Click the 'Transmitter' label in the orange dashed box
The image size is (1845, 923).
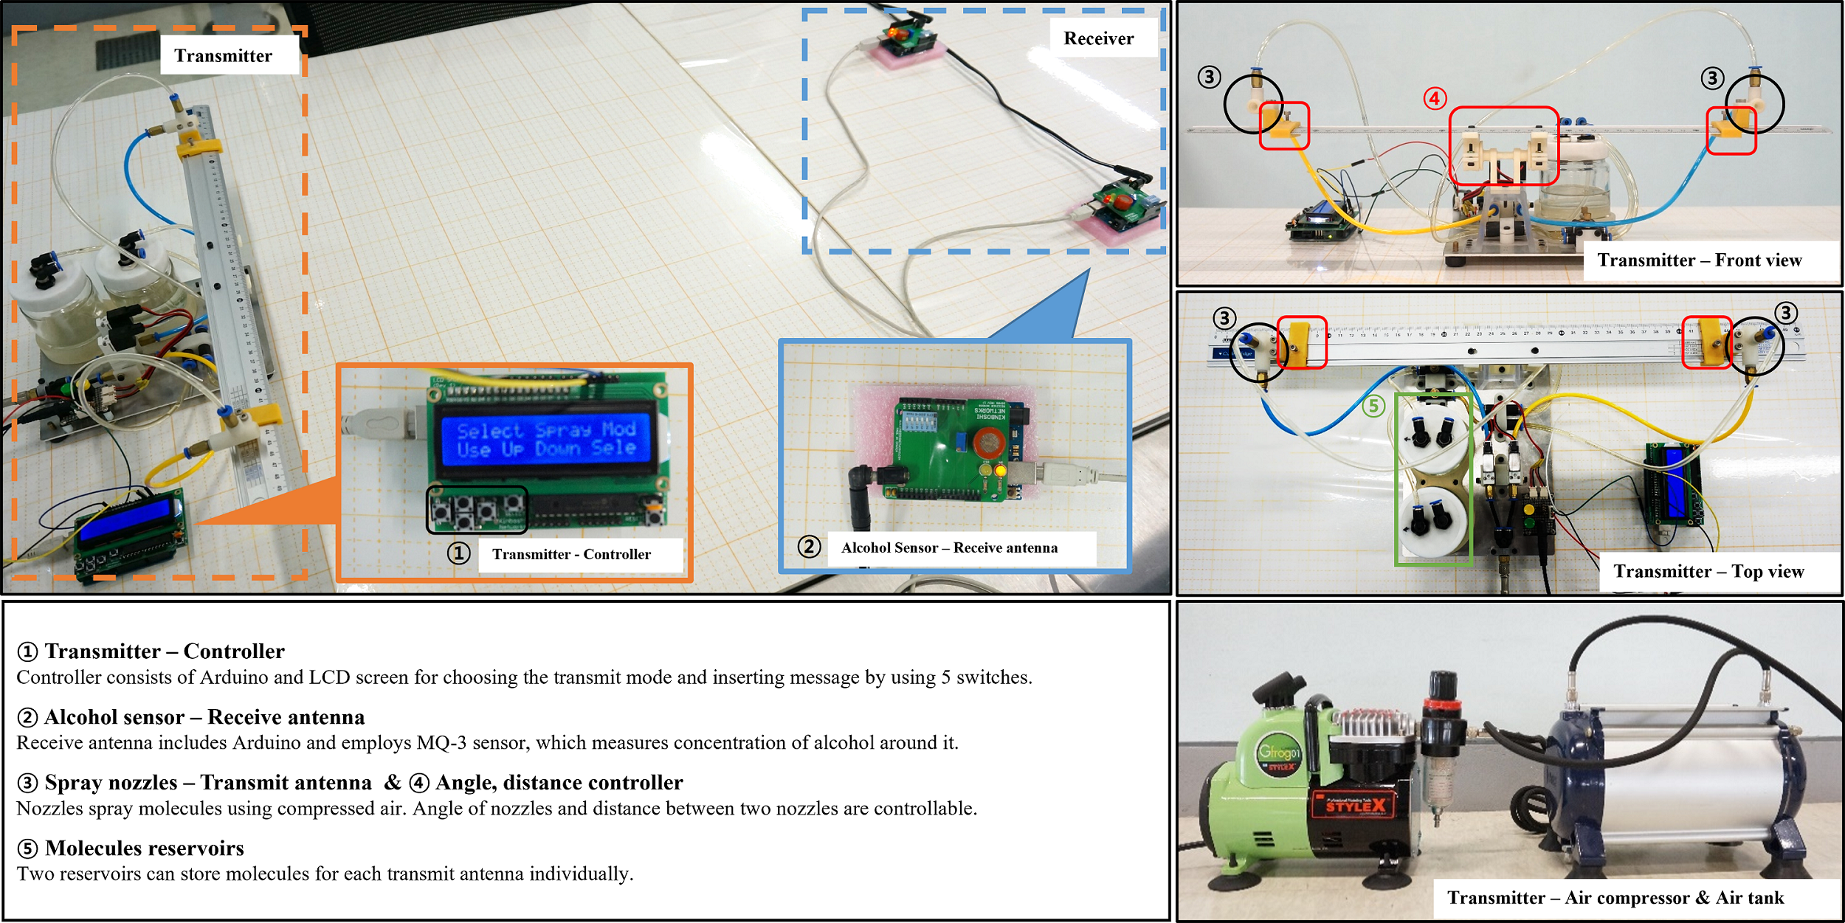pos(223,56)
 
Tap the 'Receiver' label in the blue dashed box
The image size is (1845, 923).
pos(1098,38)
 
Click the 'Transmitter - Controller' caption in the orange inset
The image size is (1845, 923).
pos(571,554)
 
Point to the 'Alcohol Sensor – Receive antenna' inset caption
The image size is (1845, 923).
pos(949,547)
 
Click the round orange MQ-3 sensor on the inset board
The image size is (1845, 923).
pos(988,442)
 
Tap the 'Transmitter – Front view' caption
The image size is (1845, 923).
pos(1699,260)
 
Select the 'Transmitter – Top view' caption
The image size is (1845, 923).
pos(1708,571)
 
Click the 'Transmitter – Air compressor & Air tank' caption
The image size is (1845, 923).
pos(1615,897)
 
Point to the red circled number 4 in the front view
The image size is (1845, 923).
pos(1435,98)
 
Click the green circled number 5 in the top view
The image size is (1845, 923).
pos(1373,405)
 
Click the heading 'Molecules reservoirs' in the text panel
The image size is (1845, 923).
pos(144,848)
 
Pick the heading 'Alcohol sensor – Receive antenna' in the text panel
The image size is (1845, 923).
pos(204,717)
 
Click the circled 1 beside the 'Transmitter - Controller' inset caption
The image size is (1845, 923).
pos(458,553)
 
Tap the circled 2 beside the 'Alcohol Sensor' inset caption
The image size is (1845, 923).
pos(809,547)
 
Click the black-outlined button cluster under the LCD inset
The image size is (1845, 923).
pos(477,510)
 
